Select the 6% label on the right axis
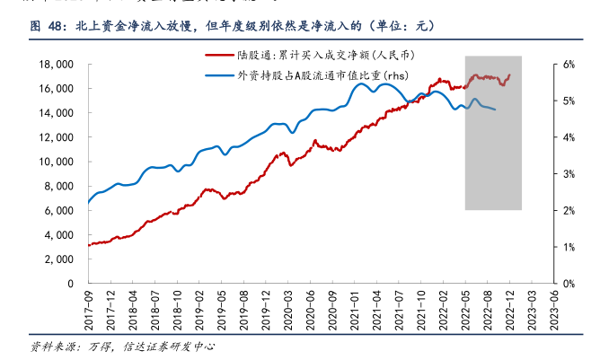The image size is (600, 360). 569,66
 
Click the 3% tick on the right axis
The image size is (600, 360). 569,174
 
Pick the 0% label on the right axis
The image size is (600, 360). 569,284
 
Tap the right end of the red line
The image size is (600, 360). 510,75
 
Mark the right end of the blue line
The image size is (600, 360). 495,110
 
